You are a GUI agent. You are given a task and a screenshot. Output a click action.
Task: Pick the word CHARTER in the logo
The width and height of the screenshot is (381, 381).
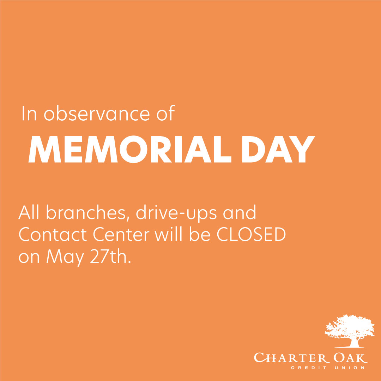click(287, 358)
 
